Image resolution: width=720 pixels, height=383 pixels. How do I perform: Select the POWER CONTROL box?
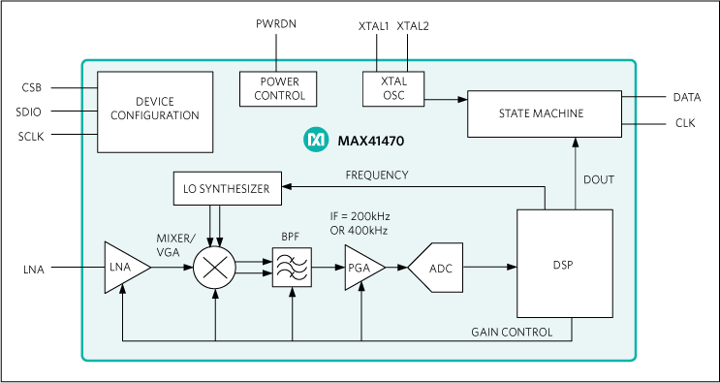point(278,89)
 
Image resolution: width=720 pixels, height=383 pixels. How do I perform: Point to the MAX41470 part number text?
point(370,142)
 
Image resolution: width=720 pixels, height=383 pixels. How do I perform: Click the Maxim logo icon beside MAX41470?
point(317,142)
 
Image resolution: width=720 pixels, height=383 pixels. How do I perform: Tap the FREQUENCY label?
point(377,176)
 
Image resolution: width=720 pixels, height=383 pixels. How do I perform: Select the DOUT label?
point(598,179)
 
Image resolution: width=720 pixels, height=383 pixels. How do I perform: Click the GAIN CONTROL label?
point(512,333)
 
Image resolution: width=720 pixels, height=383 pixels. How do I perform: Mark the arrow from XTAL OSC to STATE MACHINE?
point(445,99)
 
